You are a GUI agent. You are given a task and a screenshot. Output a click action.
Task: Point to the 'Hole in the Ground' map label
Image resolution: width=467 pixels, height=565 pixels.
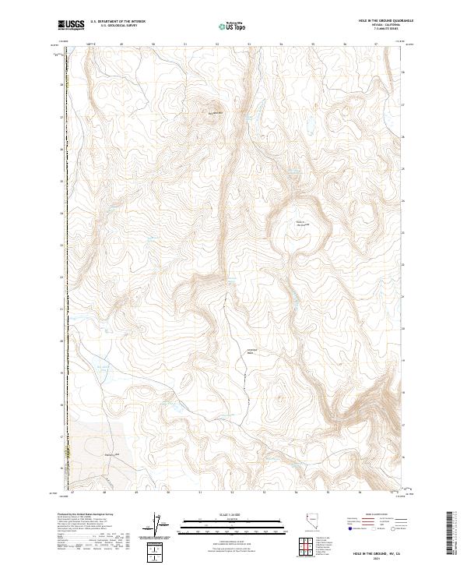click(301, 224)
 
